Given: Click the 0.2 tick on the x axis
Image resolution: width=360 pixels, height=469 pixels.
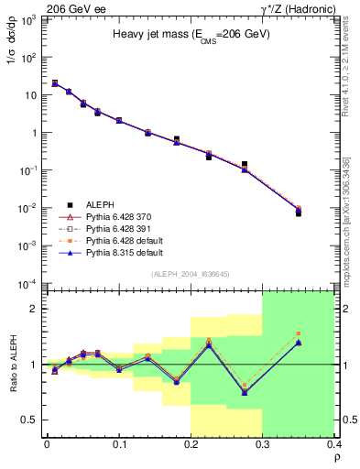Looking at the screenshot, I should click(191, 446).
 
